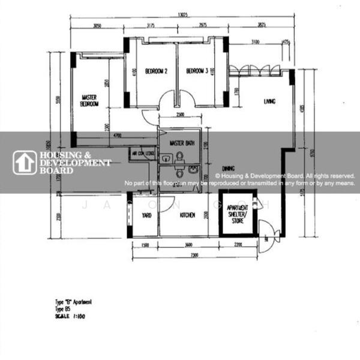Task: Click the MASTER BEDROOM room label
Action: (89, 100)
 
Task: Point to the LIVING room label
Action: (269, 102)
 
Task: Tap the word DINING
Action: (227, 169)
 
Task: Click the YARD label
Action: (145, 215)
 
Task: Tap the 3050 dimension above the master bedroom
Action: (97, 26)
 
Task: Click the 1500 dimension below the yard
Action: (145, 245)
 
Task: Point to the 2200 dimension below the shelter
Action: (238, 245)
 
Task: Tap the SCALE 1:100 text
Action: (67, 316)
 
